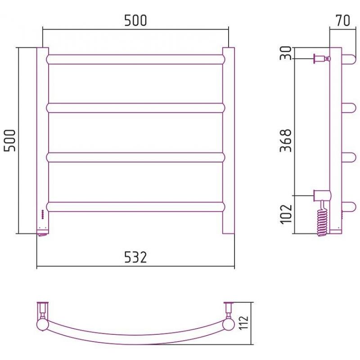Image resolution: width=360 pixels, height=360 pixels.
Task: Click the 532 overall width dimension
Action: point(135,257)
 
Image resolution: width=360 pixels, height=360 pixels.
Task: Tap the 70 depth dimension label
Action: point(343,20)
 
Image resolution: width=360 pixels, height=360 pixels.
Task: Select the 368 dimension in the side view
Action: point(286,140)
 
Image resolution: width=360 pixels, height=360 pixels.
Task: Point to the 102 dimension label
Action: point(286,214)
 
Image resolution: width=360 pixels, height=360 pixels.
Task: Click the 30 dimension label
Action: point(286,53)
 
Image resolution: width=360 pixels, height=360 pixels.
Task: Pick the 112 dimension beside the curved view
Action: point(243,323)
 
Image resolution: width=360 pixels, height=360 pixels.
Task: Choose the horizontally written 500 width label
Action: point(135,20)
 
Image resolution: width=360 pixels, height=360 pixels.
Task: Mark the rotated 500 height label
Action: point(9,140)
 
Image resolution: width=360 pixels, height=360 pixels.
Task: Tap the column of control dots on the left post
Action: point(42,215)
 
